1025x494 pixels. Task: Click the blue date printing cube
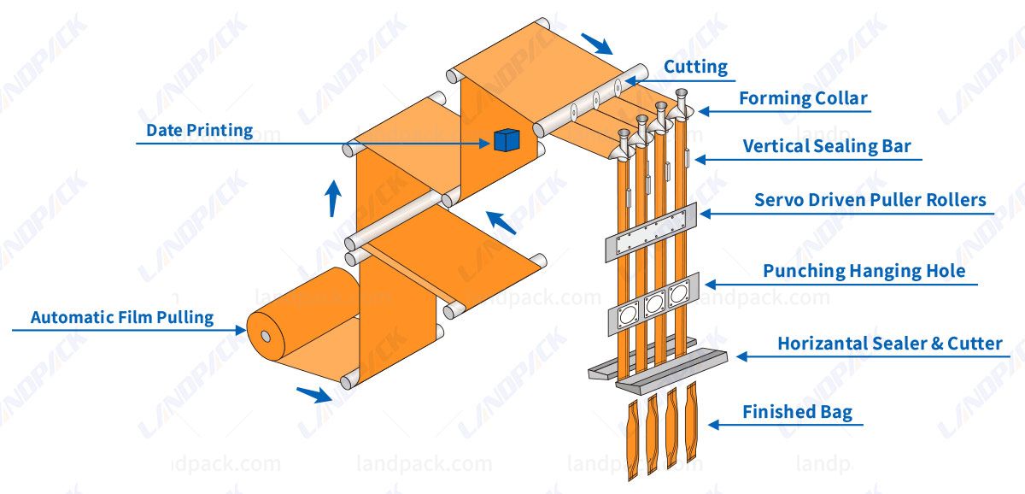point(506,140)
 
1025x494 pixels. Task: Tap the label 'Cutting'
point(695,67)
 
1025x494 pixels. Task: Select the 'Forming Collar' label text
point(803,98)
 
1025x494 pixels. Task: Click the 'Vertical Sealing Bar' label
point(826,146)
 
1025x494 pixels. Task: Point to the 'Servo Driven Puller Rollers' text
point(870,201)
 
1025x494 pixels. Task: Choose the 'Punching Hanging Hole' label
point(864,272)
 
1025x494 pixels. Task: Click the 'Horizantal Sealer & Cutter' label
point(889,344)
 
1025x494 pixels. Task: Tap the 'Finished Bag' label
point(797,412)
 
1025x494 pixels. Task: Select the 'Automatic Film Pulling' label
point(121,317)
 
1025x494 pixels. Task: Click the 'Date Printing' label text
point(199,130)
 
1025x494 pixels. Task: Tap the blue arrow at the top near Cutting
point(596,42)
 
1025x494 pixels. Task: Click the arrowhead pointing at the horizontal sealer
point(741,356)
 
